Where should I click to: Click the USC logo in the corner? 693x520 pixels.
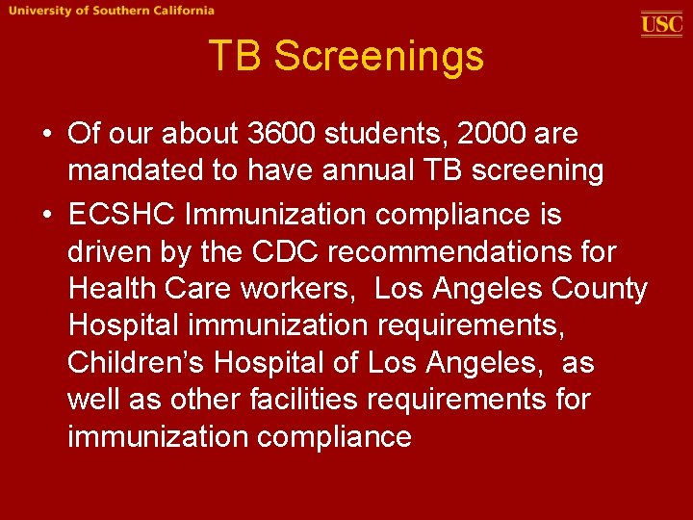click(x=661, y=23)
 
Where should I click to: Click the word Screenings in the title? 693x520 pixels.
click(x=378, y=56)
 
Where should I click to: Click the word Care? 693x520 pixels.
click(x=202, y=289)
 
